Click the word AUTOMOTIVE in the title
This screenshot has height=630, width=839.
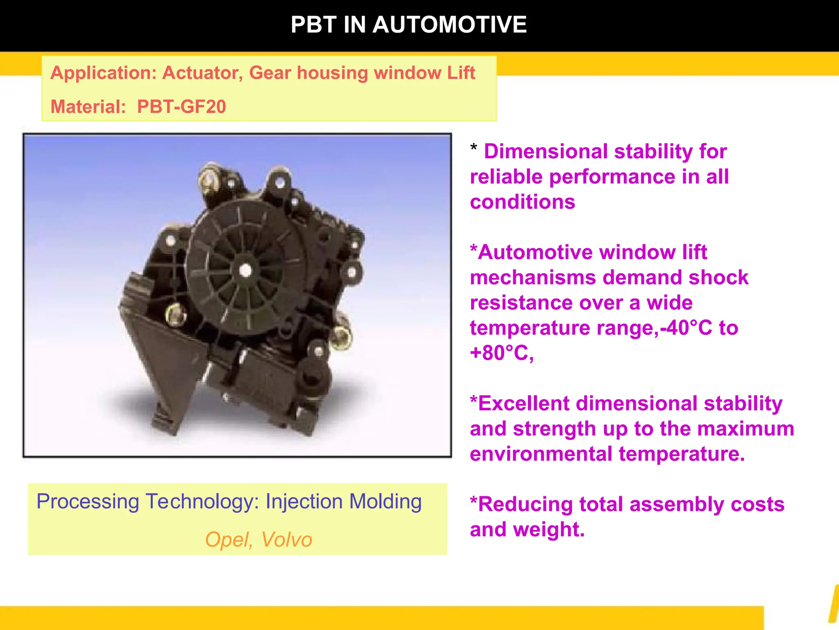click(x=449, y=25)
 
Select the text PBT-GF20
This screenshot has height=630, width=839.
click(x=181, y=107)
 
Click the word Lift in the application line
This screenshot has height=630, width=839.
click(x=461, y=73)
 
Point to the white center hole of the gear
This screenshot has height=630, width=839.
click(x=245, y=270)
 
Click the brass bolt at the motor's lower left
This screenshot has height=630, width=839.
click(x=175, y=315)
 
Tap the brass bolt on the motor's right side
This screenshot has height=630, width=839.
click(x=341, y=337)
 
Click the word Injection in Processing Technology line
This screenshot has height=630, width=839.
click(x=304, y=501)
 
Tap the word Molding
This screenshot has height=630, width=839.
click(x=385, y=501)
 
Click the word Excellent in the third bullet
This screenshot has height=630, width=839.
click(x=523, y=403)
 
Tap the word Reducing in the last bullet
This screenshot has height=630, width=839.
click(x=525, y=504)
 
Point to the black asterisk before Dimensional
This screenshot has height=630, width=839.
click(x=474, y=148)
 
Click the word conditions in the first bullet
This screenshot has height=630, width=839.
click(x=522, y=202)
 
